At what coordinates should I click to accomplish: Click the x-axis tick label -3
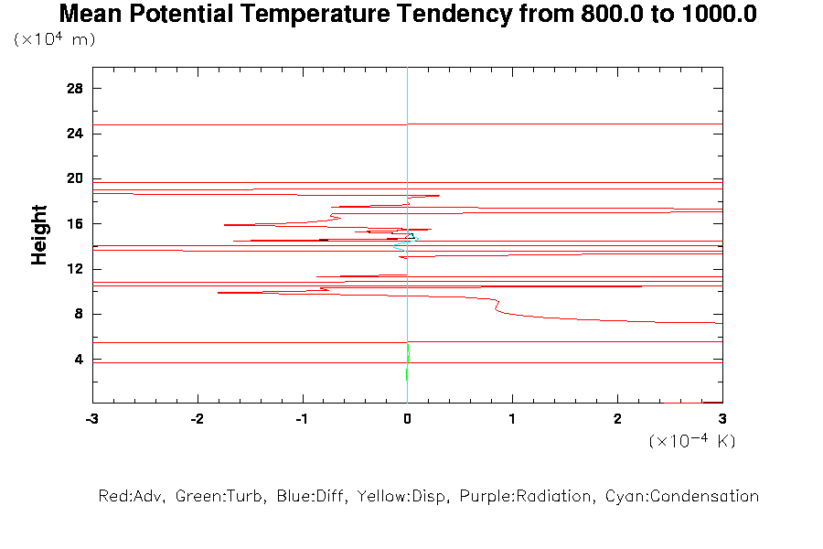[91, 418]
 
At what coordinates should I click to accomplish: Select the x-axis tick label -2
[197, 418]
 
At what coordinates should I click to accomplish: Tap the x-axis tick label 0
[407, 418]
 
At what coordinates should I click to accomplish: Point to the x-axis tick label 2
[617, 418]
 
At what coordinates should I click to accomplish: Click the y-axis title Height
[39, 235]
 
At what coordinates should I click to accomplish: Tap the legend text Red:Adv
[131, 496]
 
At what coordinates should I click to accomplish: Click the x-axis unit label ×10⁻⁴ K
[692, 441]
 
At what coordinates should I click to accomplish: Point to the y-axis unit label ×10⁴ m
[55, 39]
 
